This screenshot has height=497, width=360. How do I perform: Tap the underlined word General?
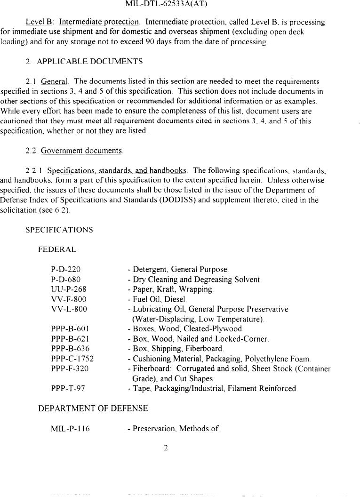(x=54, y=82)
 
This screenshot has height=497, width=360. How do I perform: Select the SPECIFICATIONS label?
(x=59, y=230)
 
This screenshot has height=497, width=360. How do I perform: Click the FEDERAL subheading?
(x=57, y=249)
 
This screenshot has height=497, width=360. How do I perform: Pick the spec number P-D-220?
(x=65, y=270)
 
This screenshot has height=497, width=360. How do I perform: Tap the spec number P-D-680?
(x=65, y=280)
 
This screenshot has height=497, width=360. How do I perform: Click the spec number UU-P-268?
(x=69, y=289)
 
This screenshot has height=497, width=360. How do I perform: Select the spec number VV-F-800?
(x=69, y=299)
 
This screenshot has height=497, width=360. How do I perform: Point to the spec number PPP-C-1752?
(x=72, y=359)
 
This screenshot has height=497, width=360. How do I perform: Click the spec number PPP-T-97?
(x=68, y=388)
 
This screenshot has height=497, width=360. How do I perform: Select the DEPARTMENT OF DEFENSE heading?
(x=93, y=409)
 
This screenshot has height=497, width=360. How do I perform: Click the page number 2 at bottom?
(x=166, y=448)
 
